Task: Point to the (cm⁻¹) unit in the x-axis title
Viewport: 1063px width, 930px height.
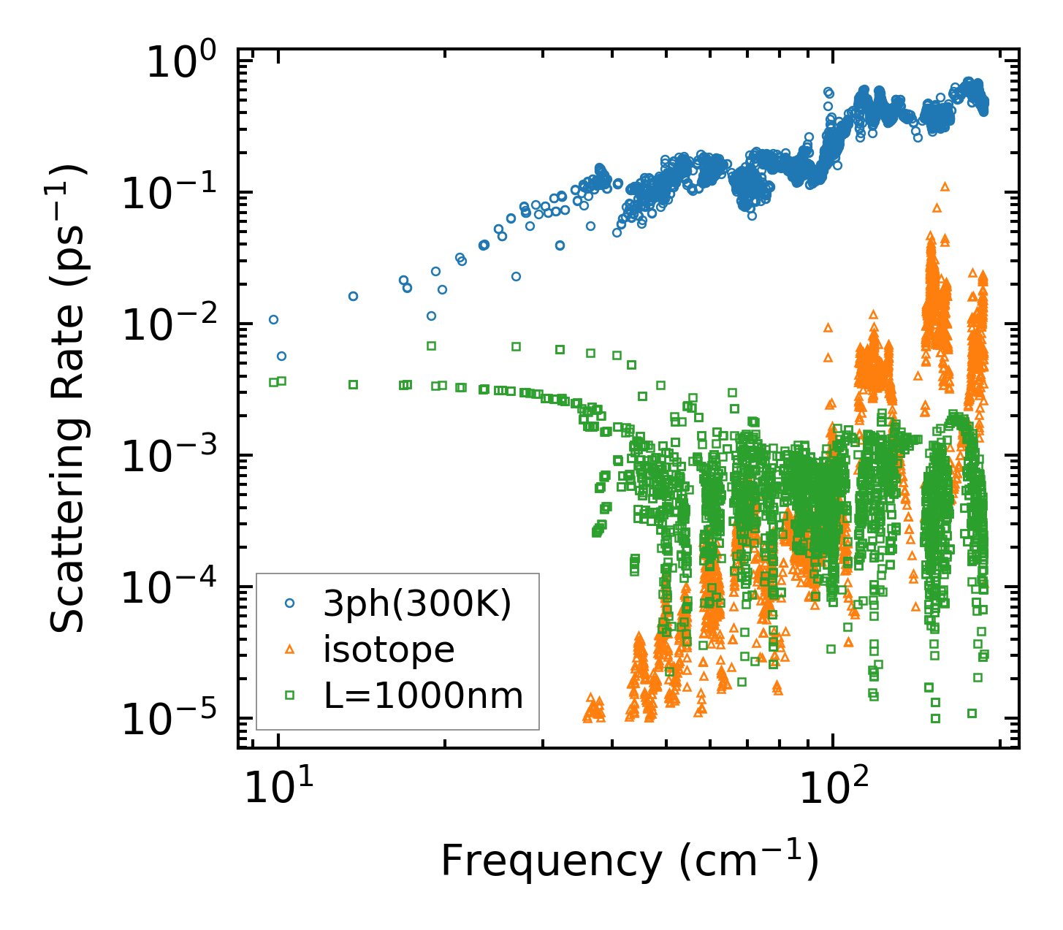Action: [x=748, y=861]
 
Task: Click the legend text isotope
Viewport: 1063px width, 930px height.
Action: [x=389, y=649]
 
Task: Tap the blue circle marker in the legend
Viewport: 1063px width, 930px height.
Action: [x=290, y=603]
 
